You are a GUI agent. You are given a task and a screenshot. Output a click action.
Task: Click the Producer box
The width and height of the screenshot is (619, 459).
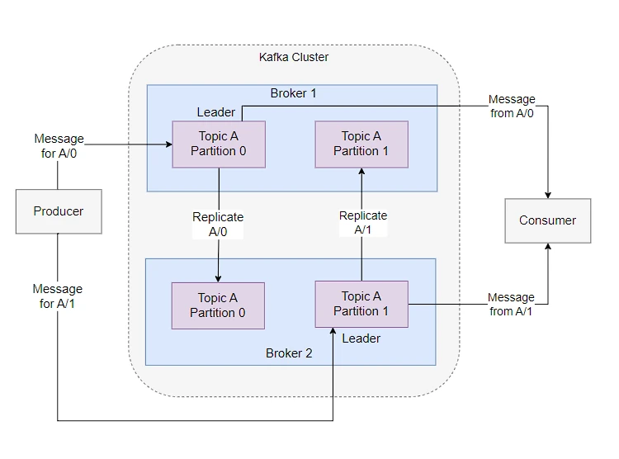59,211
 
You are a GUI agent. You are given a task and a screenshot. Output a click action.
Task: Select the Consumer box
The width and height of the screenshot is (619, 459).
547,220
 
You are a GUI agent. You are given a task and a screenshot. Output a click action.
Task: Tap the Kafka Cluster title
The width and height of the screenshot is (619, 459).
294,57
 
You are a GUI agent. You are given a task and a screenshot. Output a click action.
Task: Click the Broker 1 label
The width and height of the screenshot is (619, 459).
293,93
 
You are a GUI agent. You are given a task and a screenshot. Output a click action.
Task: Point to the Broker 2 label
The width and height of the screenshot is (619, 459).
289,353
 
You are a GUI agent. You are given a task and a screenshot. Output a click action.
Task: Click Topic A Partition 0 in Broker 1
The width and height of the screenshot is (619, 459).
219,144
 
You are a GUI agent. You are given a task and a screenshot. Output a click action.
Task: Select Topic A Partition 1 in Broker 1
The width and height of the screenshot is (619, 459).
361,144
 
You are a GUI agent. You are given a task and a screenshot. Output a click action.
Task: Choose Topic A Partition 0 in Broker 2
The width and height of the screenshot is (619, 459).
218,305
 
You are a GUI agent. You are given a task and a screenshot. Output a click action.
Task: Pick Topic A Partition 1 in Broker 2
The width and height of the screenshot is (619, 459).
361,304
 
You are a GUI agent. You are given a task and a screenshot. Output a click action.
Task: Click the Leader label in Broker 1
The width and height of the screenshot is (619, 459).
216,112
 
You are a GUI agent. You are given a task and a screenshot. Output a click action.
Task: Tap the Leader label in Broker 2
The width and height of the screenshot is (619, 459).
361,338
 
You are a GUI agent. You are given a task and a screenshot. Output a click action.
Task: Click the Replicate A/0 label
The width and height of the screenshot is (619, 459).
218,225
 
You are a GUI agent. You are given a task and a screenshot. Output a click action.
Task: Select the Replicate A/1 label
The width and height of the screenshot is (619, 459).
363,222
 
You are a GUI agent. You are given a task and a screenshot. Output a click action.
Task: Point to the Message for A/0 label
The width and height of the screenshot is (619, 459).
59,146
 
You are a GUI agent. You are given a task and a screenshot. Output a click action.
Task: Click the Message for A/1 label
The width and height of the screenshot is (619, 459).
58,296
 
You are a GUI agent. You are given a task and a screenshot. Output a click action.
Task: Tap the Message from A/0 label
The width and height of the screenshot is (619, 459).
512,106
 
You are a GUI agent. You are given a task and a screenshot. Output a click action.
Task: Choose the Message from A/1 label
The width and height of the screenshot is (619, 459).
511,304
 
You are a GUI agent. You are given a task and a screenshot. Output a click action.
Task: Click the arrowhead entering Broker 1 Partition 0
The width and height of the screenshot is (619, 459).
169,144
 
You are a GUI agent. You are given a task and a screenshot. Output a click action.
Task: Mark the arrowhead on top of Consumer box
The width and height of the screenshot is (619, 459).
548,195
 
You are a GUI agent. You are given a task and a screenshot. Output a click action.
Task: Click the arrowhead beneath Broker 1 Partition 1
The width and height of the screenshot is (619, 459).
361,171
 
